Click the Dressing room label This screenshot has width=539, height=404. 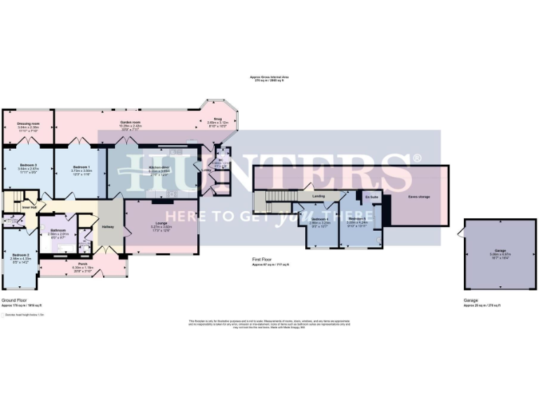pos(27,123)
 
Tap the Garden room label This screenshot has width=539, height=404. pos(127,123)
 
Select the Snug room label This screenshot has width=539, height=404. pos(218,119)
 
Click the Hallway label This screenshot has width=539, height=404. pos(108,227)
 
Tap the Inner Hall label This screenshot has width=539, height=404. pos(29,207)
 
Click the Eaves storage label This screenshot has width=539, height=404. pos(418,197)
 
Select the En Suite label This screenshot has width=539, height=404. pos(372,197)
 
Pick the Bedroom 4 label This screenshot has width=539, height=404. pos(319,220)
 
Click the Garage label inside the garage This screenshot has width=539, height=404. pos(500,250)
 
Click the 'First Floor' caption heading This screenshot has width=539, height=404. pos(262,260)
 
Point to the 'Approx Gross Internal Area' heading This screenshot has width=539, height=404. pos(269,77)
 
